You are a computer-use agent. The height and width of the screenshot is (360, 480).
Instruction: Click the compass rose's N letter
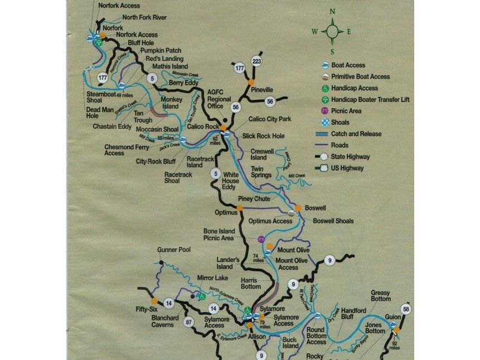tap(332, 11)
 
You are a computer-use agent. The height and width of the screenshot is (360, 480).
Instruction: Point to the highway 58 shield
tap(406, 309)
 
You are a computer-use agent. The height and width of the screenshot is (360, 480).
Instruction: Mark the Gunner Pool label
tap(174, 250)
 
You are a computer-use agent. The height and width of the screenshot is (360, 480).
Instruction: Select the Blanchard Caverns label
tap(166, 322)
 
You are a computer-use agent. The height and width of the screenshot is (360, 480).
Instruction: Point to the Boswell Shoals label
tap(333, 221)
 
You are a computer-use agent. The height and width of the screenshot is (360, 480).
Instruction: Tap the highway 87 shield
tap(189, 321)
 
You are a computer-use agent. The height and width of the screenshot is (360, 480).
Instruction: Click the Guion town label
tap(392, 317)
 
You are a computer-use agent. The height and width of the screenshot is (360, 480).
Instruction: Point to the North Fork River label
tap(144, 18)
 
